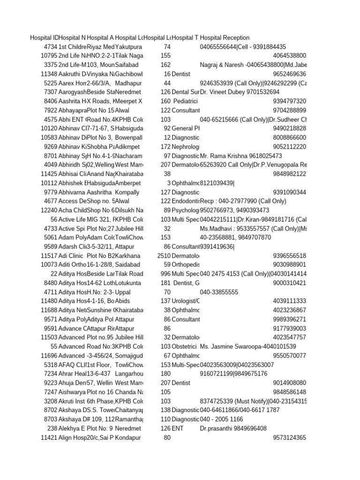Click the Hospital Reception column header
click(x=225, y=37)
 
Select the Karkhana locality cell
click(x=127, y=255)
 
